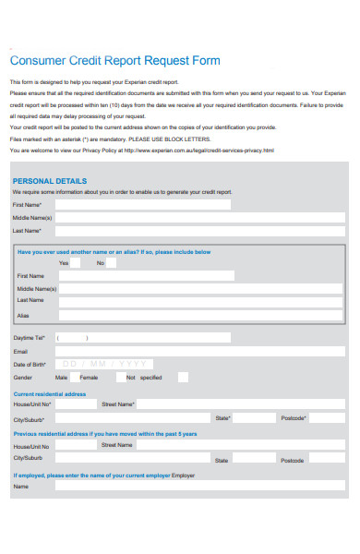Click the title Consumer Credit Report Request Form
point(114,61)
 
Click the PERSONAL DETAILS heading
point(49,181)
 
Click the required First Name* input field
point(199,204)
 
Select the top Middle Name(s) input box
point(199,218)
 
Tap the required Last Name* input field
point(199,231)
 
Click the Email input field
point(199,351)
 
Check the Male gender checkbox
point(75,377)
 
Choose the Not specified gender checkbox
point(183,377)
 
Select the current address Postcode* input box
point(325,418)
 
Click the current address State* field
point(255,418)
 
